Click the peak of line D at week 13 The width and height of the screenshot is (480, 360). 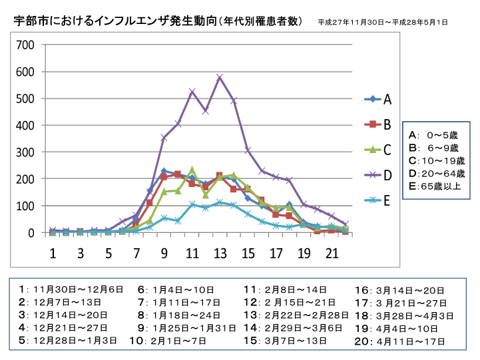[x=220, y=77]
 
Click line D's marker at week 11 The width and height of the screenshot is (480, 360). [x=192, y=91]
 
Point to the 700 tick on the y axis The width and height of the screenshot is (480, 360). [x=26, y=45]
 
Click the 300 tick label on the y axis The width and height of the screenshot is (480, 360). [x=26, y=152]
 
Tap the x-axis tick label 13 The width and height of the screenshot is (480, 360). [x=220, y=254]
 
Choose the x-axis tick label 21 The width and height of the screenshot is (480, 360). [x=331, y=254]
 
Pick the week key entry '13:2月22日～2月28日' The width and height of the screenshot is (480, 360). [x=296, y=315]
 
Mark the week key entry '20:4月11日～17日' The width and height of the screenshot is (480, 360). [x=399, y=341]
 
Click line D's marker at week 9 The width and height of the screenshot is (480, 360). [x=164, y=138]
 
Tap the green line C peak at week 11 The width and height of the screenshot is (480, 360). [x=192, y=170]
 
